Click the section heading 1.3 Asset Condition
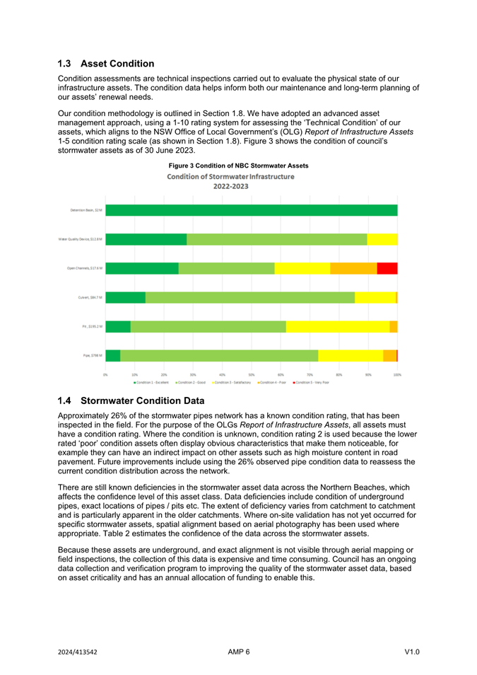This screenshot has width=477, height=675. (x=106, y=64)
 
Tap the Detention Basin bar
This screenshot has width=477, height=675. (x=251, y=210)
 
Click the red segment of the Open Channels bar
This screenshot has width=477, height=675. (x=387, y=268)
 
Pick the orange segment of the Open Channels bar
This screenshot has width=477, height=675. (x=353, y=268)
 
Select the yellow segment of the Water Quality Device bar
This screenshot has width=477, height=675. (x=382, y=239)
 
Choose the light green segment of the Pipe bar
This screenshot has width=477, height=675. (x=219, y=355)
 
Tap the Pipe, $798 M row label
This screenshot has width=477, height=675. (x=91, y=355)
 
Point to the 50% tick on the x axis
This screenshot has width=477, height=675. (x=251, y=374)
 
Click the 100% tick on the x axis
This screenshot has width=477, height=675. (x=397, y=374)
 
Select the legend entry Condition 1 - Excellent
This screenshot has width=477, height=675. (x=153, y=382)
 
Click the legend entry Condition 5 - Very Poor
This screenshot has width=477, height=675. (x=312, y=382)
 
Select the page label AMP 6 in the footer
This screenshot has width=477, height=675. (x=239, y=652)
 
